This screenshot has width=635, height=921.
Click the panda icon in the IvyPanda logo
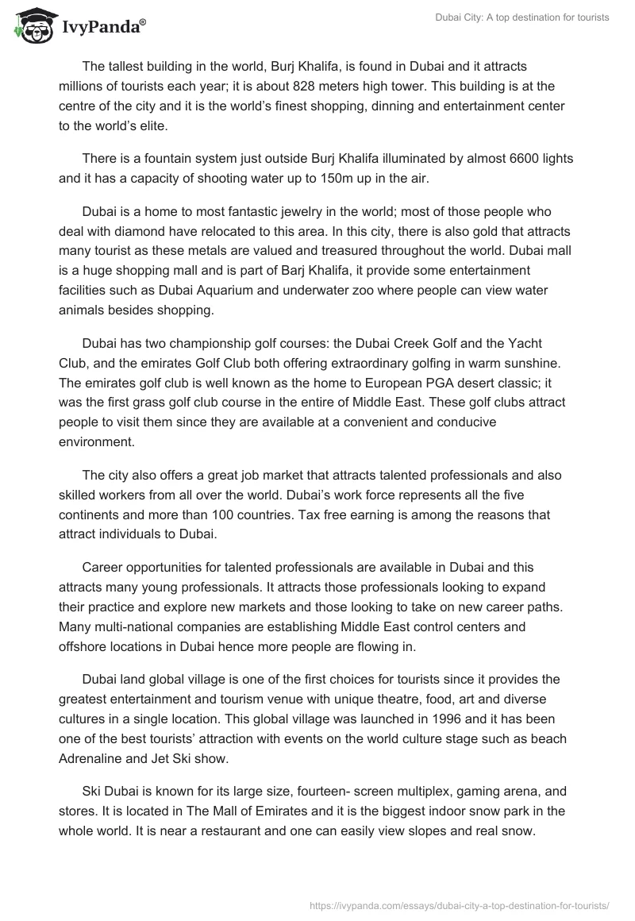click(29, 26)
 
